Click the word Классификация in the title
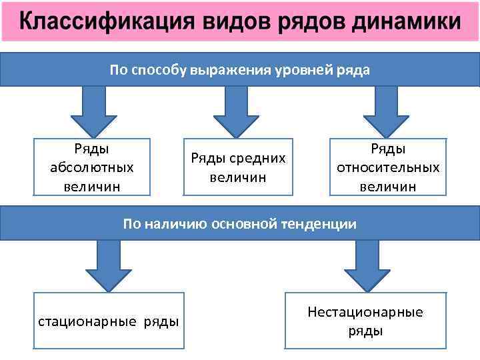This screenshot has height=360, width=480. [107, 23]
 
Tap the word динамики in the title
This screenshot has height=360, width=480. [405, 23]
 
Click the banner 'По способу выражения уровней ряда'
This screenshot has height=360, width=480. [240, 70]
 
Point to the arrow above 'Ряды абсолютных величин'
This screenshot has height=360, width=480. [93, 110]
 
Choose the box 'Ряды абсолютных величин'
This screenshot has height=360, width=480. [92, 167]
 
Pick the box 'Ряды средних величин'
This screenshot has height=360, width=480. [238, 167]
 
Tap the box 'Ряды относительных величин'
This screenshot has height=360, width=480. [388, 167]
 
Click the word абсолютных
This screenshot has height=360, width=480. [92, 167]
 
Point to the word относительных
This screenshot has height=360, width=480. [388, 167]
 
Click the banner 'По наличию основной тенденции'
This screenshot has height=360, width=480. [240, 224]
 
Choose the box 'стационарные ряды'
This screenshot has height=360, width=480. [109, 321]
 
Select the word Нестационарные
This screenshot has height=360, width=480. [365, 312]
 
